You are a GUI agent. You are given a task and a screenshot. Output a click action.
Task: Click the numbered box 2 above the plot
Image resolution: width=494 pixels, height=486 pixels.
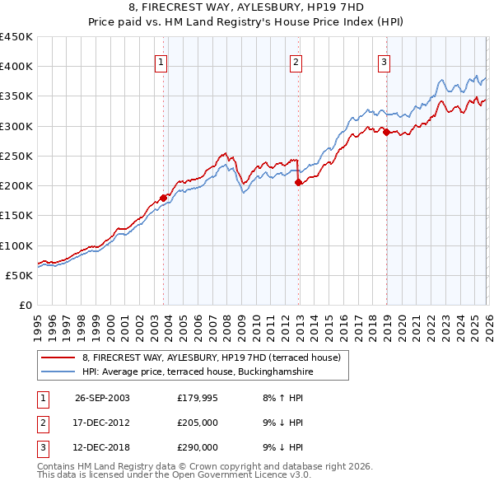pos(296,61)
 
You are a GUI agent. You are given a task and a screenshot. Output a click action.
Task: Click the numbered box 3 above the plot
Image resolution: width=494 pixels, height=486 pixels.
pos(384,61)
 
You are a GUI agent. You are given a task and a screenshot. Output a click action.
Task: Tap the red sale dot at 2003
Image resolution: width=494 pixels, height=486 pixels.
pos(163,198)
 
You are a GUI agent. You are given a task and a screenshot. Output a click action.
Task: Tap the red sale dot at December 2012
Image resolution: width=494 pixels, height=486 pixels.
pos(298,183)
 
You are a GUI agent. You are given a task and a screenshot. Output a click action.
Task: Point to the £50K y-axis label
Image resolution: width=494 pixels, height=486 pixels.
pos(20,275)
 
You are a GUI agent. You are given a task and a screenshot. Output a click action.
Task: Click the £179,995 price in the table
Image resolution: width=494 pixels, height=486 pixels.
pos(197,397)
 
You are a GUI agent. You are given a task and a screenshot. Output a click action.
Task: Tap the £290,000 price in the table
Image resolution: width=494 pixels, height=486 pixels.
pos(197,447)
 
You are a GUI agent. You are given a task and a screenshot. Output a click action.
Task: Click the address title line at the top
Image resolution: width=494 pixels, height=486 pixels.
pos(247,11)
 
